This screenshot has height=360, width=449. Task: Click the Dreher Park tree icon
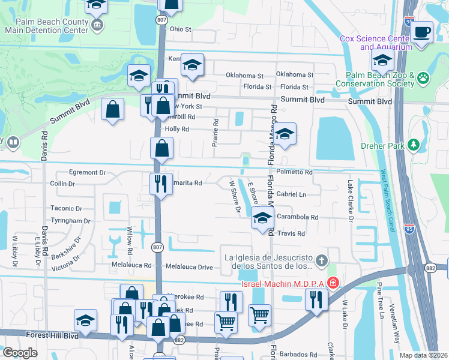pos(413,145)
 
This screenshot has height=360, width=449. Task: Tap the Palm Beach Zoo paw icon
pos(424,77)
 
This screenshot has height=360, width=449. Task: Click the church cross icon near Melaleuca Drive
pos(322,260)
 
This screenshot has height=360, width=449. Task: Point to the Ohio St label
pos(180,29)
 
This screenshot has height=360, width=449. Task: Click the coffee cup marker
pos(422,32)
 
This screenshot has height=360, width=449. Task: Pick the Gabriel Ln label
pos(291,194)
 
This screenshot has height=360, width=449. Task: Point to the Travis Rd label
pos(292,233)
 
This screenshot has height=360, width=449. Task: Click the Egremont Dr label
pos(88,172)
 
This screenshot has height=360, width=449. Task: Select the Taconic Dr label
pos(66,208)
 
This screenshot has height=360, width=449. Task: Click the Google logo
pos(20,353)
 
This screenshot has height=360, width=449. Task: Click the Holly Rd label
pos(177,129)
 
